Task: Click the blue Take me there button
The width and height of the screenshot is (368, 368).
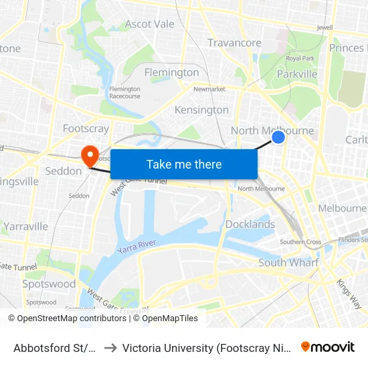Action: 184,164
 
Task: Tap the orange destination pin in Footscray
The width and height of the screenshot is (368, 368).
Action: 89,156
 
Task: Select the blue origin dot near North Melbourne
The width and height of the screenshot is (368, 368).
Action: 278,137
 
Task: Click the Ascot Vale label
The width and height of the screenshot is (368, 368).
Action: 150,24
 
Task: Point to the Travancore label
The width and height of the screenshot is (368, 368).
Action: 234,43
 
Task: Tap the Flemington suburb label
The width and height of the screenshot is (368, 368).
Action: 172,72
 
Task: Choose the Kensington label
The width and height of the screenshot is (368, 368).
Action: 201,110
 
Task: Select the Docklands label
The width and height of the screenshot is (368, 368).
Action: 250,224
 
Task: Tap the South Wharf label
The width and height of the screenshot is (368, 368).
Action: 288,262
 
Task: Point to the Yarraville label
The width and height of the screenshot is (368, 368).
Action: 25,226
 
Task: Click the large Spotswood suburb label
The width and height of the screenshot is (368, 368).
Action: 49,284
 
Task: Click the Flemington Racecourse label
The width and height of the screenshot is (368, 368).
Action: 124,92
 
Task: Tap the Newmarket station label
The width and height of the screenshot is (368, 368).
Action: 209,88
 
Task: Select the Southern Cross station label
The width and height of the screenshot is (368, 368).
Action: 300,242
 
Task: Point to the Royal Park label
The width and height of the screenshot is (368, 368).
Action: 300,58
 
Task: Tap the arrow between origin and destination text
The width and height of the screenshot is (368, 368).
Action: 110,347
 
